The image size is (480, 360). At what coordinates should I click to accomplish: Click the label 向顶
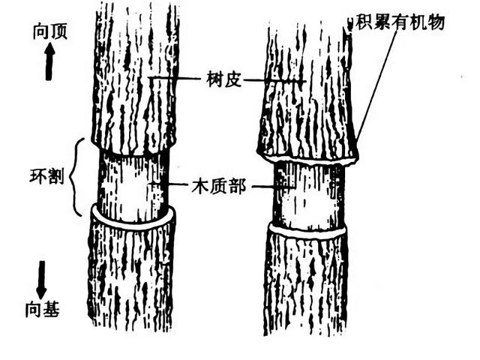tap(50, 31)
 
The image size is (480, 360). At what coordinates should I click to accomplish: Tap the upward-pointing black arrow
tap(50, 61)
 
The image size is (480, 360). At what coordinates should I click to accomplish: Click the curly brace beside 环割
tap(75, 178)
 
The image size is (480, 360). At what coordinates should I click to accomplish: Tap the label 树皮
tap(223, 78)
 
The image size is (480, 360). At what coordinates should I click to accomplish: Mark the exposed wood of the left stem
tap(133, 185)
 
